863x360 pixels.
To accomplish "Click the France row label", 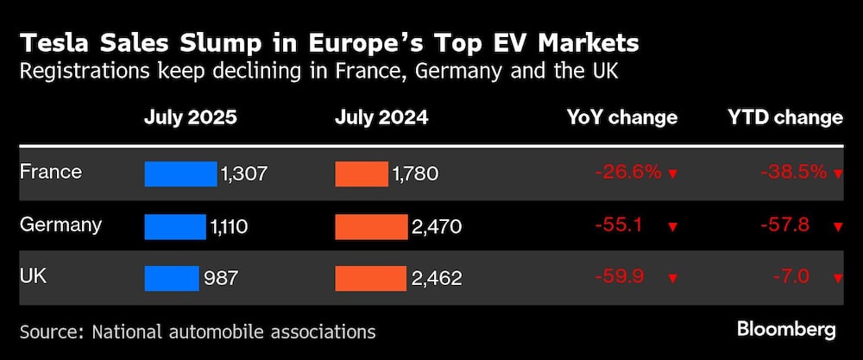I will (50, 172).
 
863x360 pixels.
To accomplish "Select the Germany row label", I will (60, 225).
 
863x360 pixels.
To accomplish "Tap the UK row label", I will (34, 277).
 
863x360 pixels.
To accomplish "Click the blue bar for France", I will (180, 174).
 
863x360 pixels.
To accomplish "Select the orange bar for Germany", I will (370, 227).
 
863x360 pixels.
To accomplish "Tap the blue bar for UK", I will (171, 278).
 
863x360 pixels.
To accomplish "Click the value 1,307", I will (244, 174).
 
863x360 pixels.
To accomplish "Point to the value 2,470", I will (438, 227).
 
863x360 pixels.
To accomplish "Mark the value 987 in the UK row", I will (222, 279).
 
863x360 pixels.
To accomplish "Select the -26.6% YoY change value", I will (627, 173).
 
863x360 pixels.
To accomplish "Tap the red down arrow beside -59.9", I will (673, 279).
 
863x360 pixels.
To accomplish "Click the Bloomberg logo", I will (786, 329).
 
